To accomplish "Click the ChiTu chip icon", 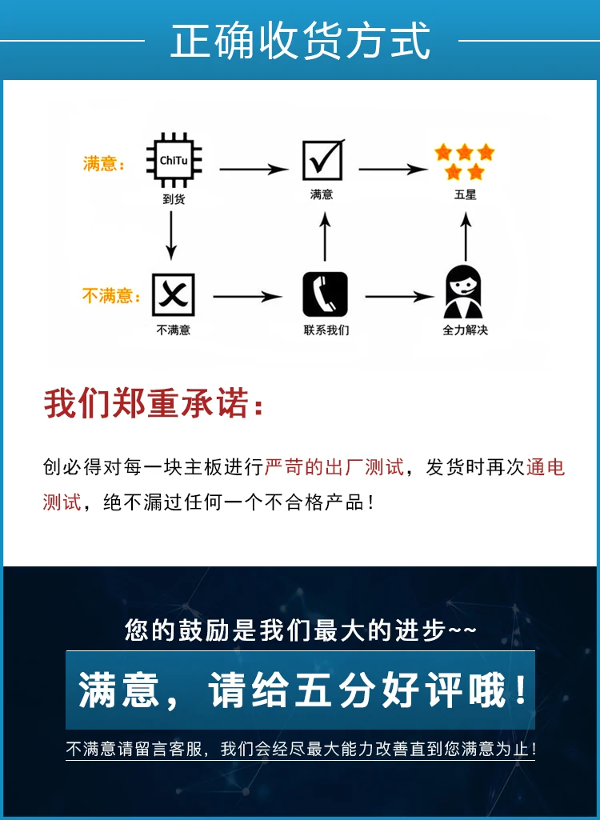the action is pos(174,161).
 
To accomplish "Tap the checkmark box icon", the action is pos(323,159).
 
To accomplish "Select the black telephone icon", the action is pos(325,294).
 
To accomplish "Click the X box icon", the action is pos(173,294).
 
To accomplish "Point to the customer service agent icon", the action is pos(463,292).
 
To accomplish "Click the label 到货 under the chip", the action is pos(174,198).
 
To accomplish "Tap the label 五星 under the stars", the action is pos(465,194).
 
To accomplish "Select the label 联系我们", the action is pos(326,330).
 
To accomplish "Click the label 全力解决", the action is pos(465,330).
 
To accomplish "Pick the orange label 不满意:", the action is pos(111,296).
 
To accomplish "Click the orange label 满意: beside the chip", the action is pos(104,164).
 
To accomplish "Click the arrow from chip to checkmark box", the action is pos(254,170).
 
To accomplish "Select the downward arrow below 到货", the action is pos(171,235).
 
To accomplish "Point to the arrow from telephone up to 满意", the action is pos(325,236).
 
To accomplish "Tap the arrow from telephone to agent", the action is pos(399,297).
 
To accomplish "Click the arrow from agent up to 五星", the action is pos(466,236).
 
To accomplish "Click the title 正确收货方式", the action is pos(300,40).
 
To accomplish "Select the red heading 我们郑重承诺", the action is pos(146,403).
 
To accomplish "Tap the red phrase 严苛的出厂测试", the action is pos(334,467).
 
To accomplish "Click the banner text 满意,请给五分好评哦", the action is pos(302,690).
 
